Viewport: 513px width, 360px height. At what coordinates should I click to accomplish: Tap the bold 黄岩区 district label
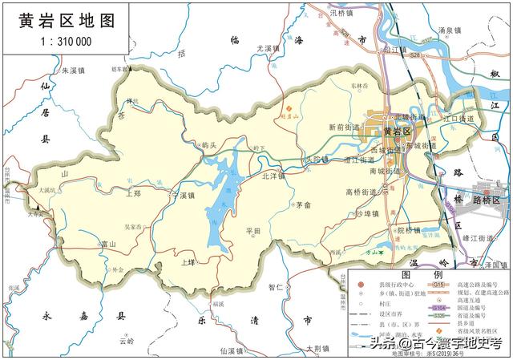(x=397, y=131)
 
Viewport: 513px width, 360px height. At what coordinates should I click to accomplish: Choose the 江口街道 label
(x=459, y=119)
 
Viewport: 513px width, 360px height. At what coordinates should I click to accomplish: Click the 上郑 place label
(x=133, y=193)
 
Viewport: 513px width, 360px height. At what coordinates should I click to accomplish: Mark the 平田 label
(x=254, y=231)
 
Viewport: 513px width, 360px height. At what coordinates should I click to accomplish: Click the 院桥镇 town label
(x=409, y=231)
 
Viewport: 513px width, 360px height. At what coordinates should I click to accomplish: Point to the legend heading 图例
(x=427, y=274)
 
